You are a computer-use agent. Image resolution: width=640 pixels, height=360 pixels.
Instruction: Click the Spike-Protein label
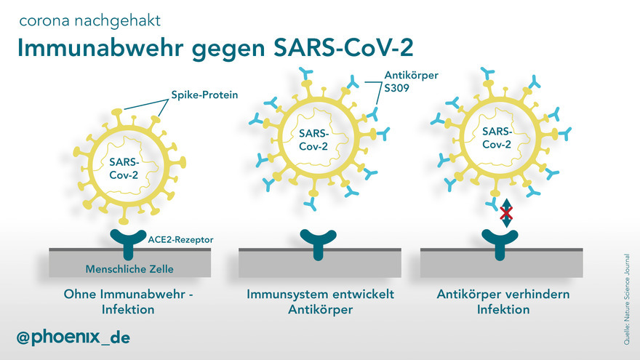[204, 95]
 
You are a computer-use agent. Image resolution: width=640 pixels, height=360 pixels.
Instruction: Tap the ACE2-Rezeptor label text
[180, 239]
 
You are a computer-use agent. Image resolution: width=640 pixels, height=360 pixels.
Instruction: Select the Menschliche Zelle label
[129, 269]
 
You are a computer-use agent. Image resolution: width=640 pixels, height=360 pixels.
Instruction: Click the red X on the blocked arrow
[506, 212]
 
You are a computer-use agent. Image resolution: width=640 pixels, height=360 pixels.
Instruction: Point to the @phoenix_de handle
[73, 337]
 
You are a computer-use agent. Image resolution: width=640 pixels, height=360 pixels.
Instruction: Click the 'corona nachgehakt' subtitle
[89, 21]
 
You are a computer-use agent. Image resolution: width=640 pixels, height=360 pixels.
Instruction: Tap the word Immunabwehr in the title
[100, 48]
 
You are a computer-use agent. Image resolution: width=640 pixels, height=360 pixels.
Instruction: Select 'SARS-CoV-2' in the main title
[343, 47]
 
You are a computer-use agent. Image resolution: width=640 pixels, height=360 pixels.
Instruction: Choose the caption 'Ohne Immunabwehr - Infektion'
[128, 302]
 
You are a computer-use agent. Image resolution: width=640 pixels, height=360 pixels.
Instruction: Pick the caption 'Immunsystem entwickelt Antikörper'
[321, 302]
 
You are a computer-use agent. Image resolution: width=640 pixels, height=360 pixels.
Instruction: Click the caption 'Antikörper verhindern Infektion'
[503, 302]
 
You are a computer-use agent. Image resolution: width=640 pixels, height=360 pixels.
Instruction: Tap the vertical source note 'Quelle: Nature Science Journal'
[626, 299]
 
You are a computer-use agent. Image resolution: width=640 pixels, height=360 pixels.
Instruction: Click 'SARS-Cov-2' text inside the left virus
[124, 169]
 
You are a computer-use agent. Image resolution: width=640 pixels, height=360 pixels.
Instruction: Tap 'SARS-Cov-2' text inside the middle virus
[313, 140]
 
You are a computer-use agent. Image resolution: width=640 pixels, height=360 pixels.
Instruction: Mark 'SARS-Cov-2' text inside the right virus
[497, 137]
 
